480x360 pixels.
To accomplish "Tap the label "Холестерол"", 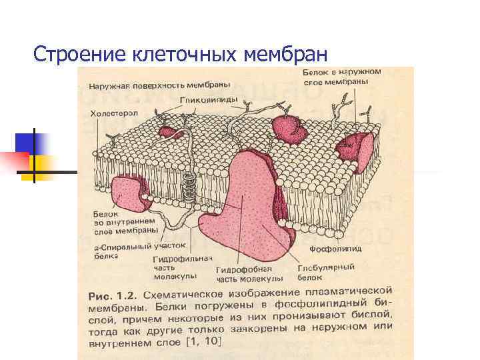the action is pos(115,114).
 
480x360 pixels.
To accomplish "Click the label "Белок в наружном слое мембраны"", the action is pos(341,76).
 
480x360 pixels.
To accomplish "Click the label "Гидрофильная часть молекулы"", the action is pos(183,267).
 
